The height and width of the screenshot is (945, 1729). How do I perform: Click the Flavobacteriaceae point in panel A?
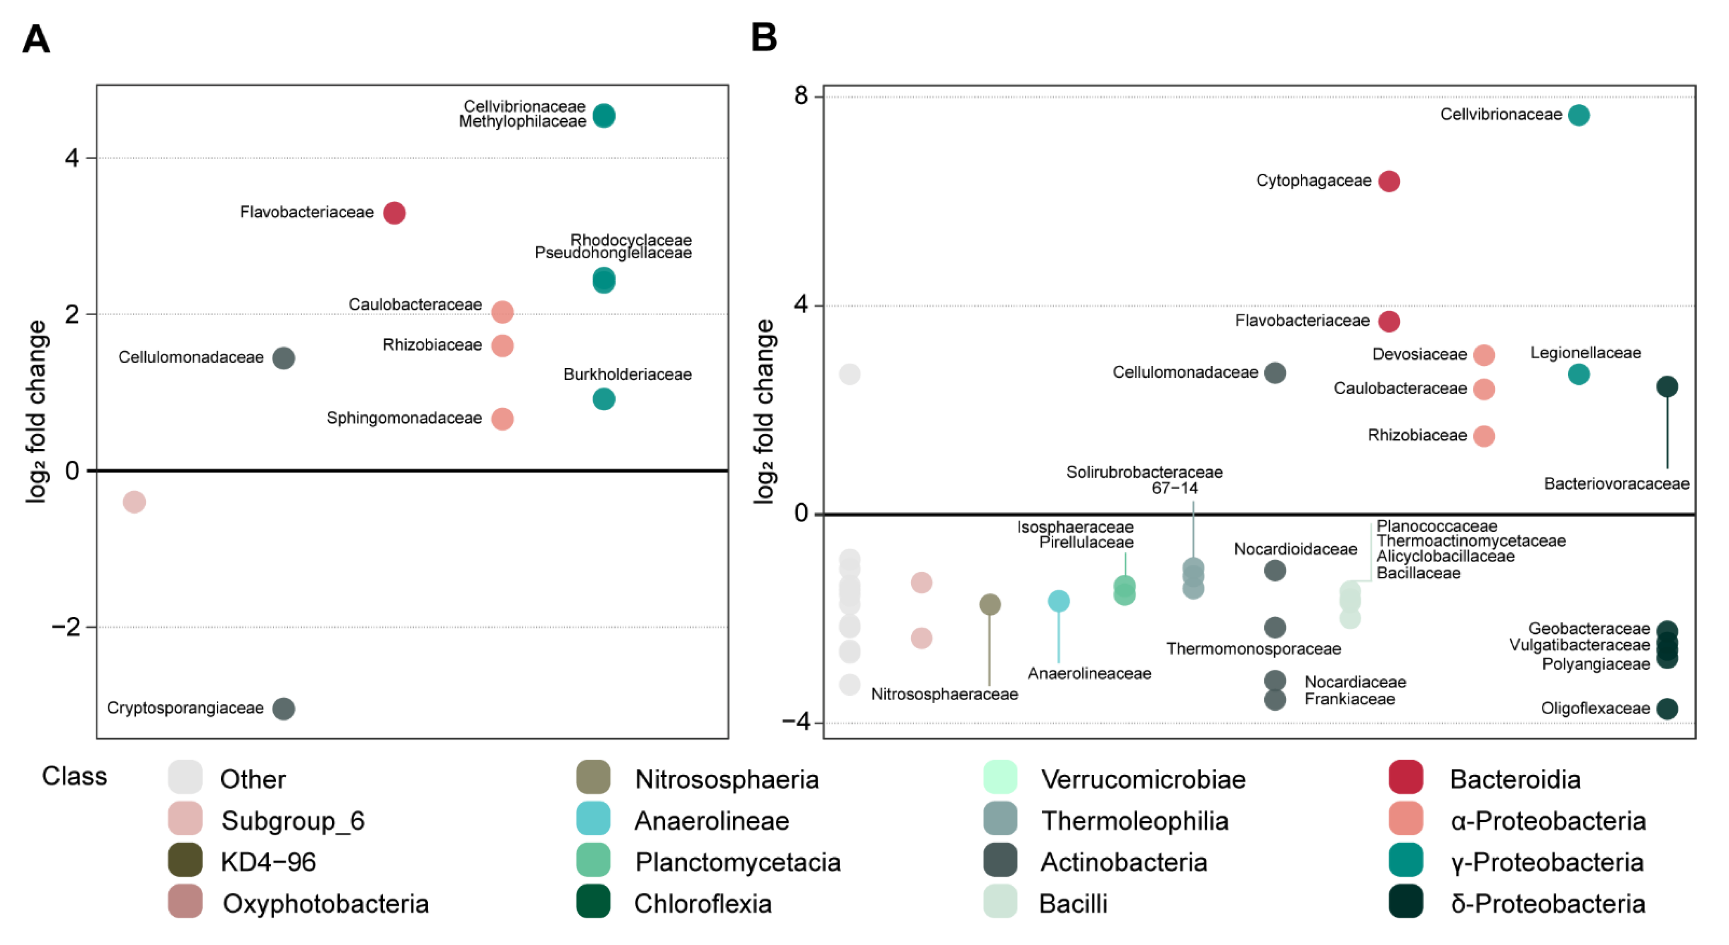click(394, 213)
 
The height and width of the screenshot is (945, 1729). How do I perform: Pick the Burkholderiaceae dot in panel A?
click(603, 399)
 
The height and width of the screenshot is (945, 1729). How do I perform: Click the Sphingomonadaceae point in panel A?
click(502, 419)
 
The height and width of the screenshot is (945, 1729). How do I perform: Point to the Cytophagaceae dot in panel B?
click(1389, 181)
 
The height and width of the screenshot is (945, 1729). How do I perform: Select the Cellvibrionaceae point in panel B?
click(1578, 115)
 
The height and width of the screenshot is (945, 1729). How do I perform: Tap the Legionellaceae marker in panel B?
click(1578, 375)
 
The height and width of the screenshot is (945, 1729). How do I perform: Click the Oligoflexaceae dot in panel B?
click(1667, 709)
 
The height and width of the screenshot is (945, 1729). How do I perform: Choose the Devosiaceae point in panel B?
click(1483, 355)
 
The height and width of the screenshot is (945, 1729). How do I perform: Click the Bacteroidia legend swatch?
click(1405, 777)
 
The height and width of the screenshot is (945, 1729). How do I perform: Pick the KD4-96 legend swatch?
click(185, 860)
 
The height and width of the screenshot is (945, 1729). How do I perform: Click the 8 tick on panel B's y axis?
click(801, 96)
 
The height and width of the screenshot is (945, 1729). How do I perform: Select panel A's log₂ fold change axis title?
click(36, 411)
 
